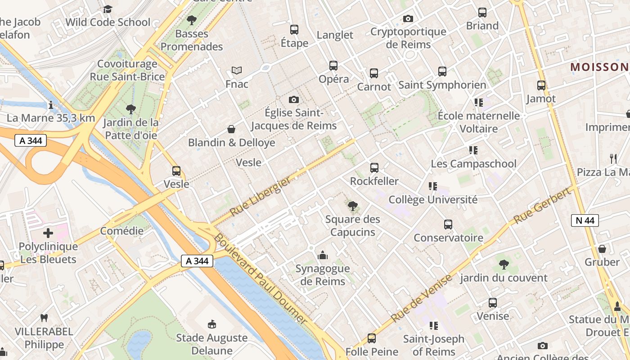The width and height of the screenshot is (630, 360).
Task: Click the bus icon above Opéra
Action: [333, 66]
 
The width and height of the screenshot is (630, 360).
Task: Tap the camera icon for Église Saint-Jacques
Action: [294, 99]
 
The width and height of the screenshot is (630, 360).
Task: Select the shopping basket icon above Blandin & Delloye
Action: [231, 130]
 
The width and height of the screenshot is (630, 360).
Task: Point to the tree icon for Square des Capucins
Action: [353, 206]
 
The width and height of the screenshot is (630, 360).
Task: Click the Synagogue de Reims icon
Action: [322, 256]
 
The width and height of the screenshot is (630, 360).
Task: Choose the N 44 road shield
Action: [585, 220]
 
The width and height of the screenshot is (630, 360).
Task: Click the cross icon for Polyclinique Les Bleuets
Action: [48, 233]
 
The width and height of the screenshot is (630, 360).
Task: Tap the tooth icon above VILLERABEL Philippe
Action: [44, 318]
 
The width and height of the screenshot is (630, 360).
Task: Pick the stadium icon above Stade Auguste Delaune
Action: [211, 324]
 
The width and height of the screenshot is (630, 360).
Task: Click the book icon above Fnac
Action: [237, 70]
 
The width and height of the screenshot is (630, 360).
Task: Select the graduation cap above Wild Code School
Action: [108, 9]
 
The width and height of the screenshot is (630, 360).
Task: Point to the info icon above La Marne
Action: [51, 105]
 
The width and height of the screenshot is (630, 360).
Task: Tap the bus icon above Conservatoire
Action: [448, 225]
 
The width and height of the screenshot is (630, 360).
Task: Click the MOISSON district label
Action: [599, 67]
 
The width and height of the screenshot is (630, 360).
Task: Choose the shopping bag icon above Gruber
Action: [602, 249]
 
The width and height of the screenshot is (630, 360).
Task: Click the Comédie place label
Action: [121, 231]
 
